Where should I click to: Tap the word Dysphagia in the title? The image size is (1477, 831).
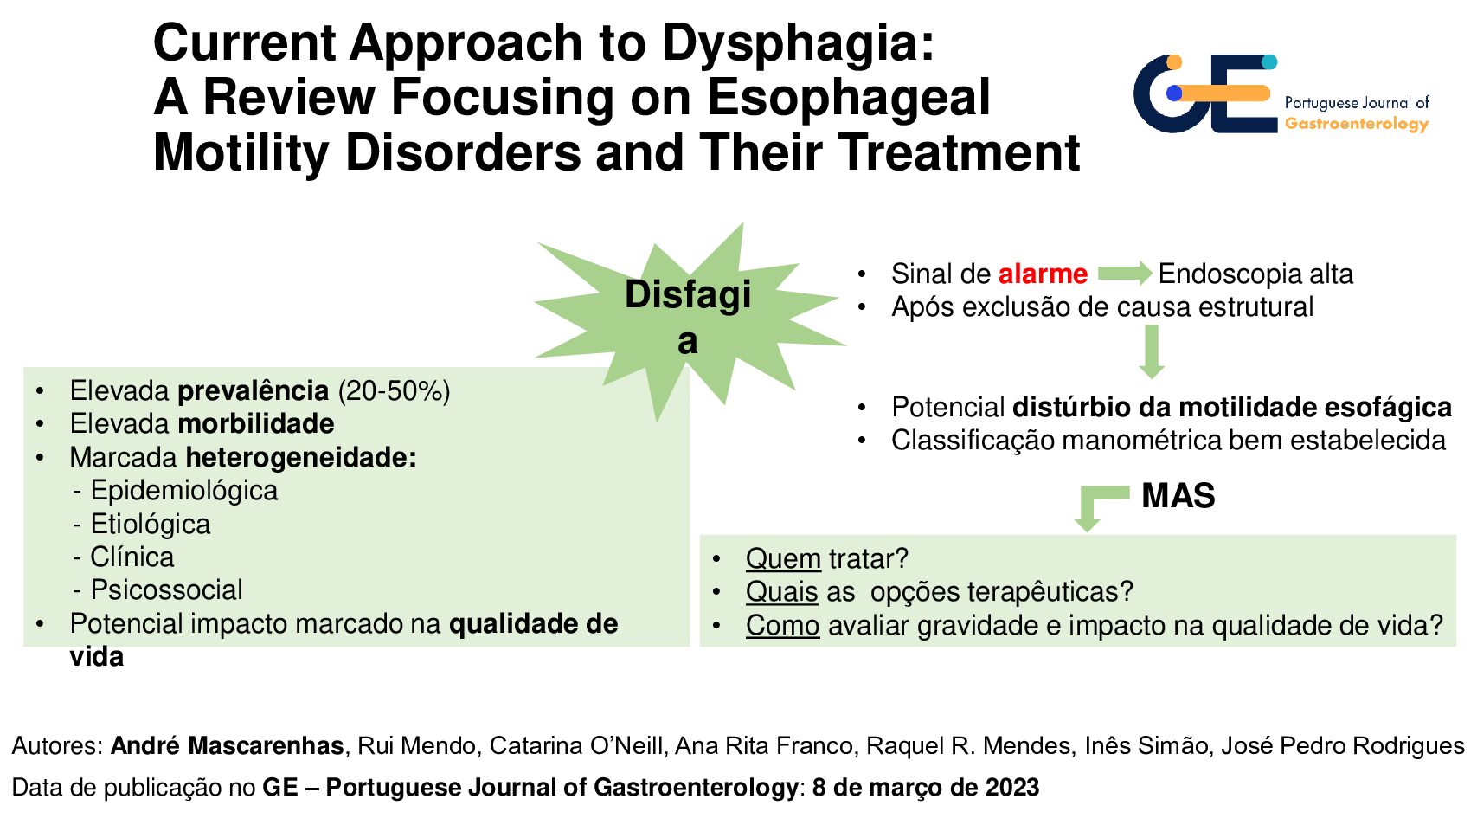pos(799,42)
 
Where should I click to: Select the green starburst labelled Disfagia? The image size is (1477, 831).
pos(689,321)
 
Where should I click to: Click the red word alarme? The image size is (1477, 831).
pos(1043,274)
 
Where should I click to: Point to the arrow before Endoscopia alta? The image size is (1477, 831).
pos(1125,273)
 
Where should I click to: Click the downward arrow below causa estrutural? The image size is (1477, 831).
pos(1152,351)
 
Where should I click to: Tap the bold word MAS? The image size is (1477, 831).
pos(1178,495)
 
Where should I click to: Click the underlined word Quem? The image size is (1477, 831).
pos(783,558)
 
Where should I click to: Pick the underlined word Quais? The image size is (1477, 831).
pos(782,591)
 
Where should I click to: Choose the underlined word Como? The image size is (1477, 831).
pos(783,625)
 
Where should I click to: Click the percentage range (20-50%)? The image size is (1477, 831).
pos(395,391)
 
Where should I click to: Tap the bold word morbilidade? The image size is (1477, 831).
pos(256,423)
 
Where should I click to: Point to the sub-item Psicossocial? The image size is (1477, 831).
pos(166,589)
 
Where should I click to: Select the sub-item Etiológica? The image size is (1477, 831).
pos(151,525)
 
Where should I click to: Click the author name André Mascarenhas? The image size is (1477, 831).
pos(227,746)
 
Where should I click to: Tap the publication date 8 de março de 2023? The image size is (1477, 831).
pos(926,788)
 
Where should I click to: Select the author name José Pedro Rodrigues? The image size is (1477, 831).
pos(1343,746)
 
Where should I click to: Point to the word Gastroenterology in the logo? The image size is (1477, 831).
pos(1357,123)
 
